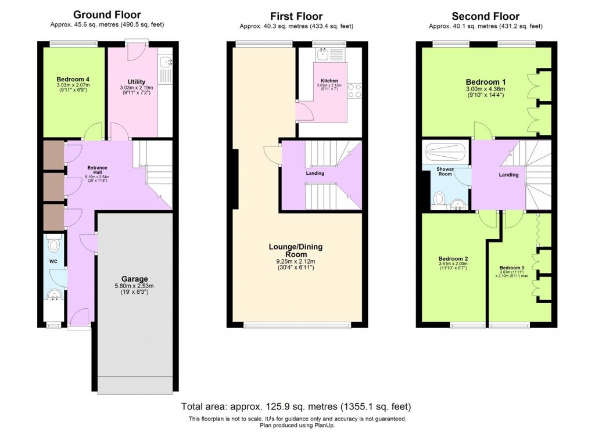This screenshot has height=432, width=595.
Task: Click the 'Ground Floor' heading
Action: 107,15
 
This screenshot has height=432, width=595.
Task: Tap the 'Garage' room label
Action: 134,278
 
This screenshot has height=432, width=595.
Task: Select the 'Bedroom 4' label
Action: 73,80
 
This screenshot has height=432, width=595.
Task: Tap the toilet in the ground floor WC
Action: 55,244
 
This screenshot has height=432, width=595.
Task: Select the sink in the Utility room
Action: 165,62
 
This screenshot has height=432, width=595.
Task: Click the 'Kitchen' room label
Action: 329,81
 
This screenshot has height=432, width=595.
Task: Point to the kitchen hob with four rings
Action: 355,91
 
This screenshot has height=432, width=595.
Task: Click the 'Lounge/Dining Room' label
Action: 295,250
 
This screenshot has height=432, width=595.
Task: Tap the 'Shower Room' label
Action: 445,171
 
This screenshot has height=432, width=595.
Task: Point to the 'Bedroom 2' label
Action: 453,258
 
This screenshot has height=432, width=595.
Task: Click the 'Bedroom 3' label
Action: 512,268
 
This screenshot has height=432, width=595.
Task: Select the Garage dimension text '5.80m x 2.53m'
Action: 134,286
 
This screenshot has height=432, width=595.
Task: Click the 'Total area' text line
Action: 296,406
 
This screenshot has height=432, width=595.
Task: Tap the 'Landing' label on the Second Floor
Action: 508,175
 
